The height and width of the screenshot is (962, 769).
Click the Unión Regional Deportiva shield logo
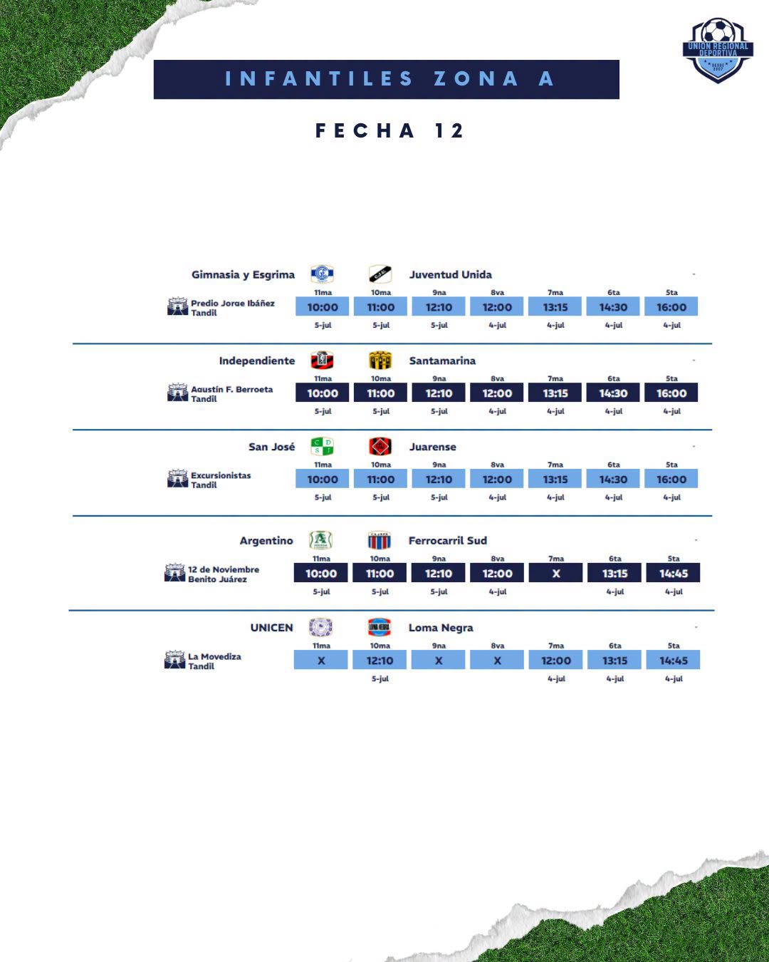click(718, 51)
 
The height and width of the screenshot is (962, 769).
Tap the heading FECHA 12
click(389, 131)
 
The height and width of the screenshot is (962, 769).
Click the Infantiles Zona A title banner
click(387, 79)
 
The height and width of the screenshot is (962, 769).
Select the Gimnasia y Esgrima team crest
click(322, 274)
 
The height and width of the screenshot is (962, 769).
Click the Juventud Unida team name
click(451, 274)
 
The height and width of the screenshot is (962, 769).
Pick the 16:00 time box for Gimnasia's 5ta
click(671, 306)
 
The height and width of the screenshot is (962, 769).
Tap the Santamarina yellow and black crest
click(380, 361)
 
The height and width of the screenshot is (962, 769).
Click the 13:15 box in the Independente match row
click(555, 393)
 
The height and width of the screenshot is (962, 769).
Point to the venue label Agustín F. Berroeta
click(232, 389)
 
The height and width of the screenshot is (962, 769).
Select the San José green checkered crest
click(322, 446)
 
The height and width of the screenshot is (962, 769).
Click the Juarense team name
click(432, 447)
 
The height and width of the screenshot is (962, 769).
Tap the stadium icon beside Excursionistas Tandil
click(177, 478)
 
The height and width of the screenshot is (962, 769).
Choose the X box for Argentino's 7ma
click(556, 573)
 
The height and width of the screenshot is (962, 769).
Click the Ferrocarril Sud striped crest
click(380, 540)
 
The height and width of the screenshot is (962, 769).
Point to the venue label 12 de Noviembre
click(224, 569)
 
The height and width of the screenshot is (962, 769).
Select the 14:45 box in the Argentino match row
click(674, 573)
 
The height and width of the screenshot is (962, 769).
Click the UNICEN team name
click(272, 628)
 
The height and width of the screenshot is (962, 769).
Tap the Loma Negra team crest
click(380, 627)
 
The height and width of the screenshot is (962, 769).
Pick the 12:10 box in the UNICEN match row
click(380, 661)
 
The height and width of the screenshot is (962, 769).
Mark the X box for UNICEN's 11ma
click(321, 661)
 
